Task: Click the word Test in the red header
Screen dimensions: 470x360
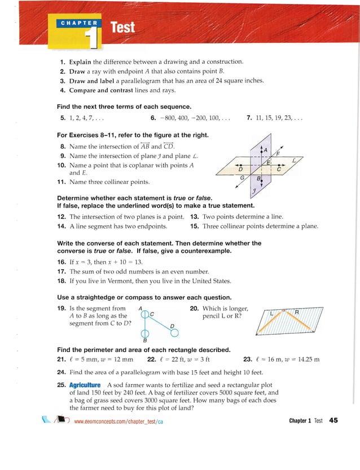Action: click(123, 27)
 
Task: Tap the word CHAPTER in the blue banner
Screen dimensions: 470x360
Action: click(79, 24)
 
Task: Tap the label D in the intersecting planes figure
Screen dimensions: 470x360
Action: click(241, 169)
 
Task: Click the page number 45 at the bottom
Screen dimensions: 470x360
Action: click(333, 420)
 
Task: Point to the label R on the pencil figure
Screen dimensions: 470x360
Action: click(296, 312)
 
